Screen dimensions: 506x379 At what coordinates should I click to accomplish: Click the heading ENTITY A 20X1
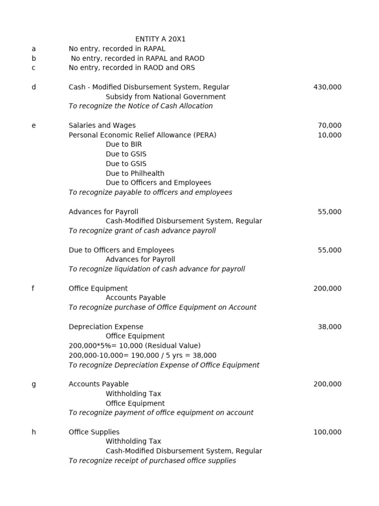pos(160,39)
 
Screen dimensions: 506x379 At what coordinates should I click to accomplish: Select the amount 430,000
pos(327,87)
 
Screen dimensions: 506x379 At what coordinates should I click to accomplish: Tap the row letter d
pos(34,87)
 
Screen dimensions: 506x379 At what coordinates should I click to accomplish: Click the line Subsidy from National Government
pos(165,97)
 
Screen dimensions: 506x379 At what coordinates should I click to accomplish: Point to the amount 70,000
pos(329,126)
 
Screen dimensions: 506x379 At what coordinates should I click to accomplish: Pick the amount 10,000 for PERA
pos(329,135)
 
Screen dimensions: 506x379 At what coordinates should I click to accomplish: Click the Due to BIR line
pos(123,144)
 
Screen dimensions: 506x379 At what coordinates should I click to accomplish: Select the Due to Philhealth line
pos(135,173)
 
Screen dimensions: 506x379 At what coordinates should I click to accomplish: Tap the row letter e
pos(34,126)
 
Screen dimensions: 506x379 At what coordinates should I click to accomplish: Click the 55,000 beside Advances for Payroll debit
pos(329,212)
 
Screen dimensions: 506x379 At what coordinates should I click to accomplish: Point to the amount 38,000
pos(329,327)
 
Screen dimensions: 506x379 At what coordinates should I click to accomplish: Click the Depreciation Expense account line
pos(106,327)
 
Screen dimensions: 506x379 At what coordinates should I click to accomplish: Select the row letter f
pos(33,289)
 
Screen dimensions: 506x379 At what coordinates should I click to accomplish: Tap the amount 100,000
pos(327,432)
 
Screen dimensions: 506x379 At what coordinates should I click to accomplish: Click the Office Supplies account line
pos(94,432)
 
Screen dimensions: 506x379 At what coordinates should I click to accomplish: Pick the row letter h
pos(34,432)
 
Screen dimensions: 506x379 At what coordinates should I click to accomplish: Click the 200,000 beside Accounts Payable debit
pos(327,384)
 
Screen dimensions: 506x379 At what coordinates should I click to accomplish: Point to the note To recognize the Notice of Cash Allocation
pos(141,106)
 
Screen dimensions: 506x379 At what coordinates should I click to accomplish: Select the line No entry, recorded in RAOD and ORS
pos(132,68)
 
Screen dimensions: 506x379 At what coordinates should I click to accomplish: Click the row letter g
pos(34,384)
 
